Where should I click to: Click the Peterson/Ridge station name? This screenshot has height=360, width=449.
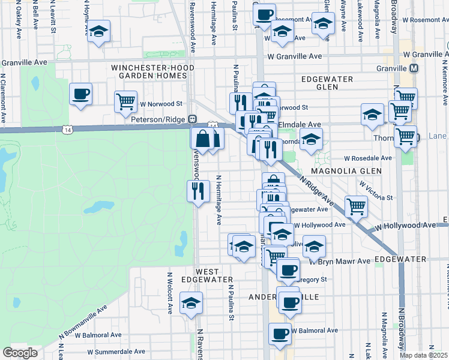pos(158,120)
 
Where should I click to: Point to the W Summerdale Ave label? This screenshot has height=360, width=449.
pos(116,352)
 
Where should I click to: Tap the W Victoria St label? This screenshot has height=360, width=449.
pos(376,191)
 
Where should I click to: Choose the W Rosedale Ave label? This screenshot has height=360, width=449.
pos(367,159)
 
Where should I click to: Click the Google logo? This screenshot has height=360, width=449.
pos(20,353)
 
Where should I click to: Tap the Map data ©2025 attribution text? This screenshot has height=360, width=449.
pos(423,355)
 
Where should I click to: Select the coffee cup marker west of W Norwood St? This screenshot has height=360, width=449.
pos(80,94)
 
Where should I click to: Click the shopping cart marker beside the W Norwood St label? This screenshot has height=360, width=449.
pos(125,101)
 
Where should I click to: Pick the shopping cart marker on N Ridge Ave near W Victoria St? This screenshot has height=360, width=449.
pos(357,206)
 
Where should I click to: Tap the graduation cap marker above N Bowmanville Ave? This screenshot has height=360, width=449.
pos(191,302)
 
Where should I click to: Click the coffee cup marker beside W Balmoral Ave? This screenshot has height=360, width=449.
pos(280,334)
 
